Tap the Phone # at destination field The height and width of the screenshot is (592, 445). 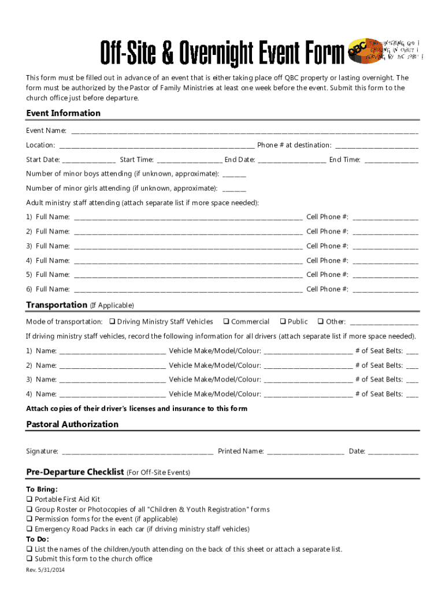(376, 146)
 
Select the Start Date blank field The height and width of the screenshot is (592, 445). (88, 160)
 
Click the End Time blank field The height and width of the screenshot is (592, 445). (391, 160)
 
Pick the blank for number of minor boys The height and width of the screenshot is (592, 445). (234, 174)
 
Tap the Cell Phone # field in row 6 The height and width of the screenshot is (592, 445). (385, 290)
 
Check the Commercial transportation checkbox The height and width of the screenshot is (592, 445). (227, 321)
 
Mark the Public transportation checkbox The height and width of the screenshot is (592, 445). (283, 321)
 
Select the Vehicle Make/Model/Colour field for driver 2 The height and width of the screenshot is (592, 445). (307, 366)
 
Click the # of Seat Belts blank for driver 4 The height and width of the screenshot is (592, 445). (412, 395)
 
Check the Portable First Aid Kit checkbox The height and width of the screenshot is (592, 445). (29, 499)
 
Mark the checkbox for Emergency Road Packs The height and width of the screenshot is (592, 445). (29, 529)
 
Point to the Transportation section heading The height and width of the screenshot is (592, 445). (57, 305)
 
